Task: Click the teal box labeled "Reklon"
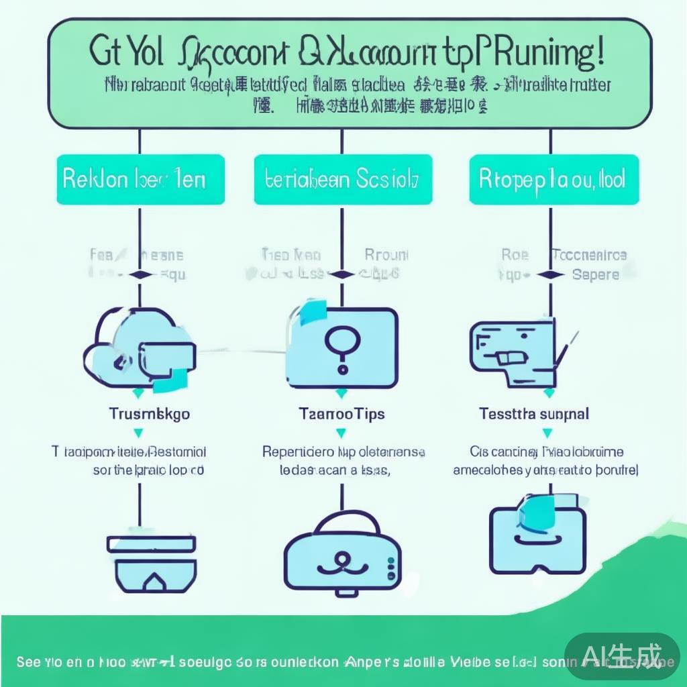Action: [x=140, y=180]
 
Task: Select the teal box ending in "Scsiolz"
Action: [x=342, y=180]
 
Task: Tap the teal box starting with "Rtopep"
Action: [x=551, y=180]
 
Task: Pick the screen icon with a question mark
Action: [x=341, y=346]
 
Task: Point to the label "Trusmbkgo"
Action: [x=149, y=413]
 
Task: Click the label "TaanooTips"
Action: [x=341, y=413]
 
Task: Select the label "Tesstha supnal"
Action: [x=534, y=413]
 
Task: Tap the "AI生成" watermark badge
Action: [x=622, y=655]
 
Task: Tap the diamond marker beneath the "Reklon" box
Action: [x=140, y=274]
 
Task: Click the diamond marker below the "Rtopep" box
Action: [x=550, y=274]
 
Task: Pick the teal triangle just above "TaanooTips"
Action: [x=341, y=394]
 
